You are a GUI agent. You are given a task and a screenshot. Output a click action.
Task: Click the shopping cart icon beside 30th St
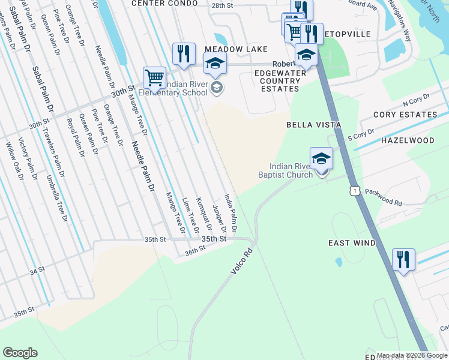154,77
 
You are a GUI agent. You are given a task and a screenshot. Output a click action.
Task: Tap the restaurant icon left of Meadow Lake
183,53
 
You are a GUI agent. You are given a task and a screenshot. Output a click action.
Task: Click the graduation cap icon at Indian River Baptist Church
321,158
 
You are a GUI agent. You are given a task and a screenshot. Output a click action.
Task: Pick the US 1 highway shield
355,191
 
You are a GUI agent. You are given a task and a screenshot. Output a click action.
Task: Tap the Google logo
20,353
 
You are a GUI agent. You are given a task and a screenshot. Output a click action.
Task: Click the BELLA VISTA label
313,125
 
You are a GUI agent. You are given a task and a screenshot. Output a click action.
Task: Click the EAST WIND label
352,243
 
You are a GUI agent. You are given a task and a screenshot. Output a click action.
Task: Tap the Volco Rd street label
243,259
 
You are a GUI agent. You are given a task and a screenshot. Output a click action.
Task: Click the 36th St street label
195,253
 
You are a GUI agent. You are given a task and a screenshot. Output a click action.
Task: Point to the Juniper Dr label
220,220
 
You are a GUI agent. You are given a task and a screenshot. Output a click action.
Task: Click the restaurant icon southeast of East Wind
403,260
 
